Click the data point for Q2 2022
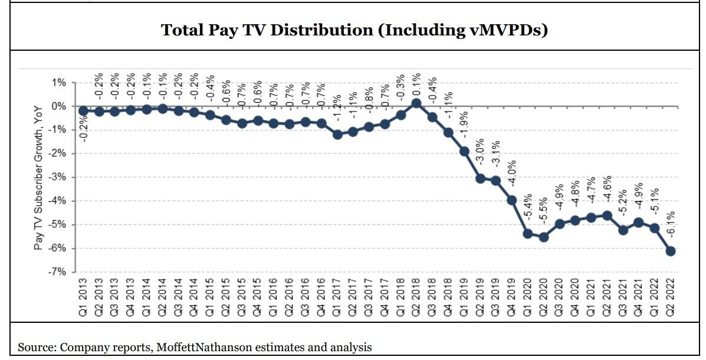[x=671, y=251]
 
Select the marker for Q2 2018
[x=416, y=103]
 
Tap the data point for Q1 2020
[x=527, y=234]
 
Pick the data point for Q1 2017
[x=337, y=135]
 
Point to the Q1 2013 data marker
[x=83, y=110]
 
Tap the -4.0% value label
[x=511, y=173]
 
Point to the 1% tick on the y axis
[x=58, y=83]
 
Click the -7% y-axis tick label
[x=57, y=272]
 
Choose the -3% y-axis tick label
[x=57, y=178]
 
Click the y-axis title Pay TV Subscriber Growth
[x=39, y=177]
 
